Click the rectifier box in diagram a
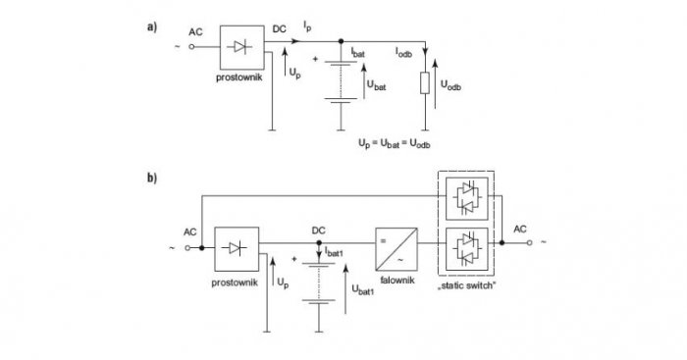241,47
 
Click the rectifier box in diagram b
237,249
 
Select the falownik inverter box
396,249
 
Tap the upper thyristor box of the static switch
466,198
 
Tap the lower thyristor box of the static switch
466,249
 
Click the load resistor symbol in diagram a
425,83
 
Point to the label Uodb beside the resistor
450,85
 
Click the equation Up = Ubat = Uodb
395,143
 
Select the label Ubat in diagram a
377,85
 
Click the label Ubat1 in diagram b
363,289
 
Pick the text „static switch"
466,285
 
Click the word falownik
397,281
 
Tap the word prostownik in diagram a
239,77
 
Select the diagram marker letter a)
151,27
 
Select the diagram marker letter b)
152,178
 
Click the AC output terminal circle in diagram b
529,242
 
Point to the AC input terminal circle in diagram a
191,47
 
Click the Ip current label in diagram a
307,26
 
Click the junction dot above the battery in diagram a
341,41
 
